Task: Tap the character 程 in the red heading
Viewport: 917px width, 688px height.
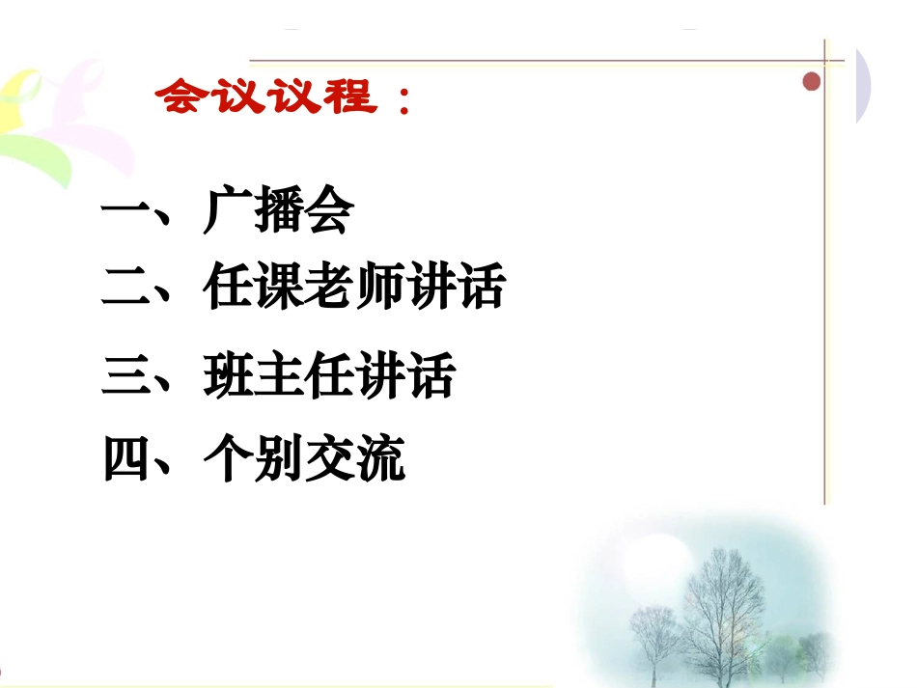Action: pos(345,96)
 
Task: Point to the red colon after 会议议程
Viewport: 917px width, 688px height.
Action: pos(402,101)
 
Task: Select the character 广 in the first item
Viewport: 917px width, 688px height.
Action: pos(228,212)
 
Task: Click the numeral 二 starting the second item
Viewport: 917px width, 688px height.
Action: pos(126,289)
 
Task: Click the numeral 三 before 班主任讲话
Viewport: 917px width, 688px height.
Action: pos(126,377)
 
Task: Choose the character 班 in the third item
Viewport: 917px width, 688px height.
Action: pos(228,377)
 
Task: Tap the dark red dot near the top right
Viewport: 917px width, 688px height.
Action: pos(812,82)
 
